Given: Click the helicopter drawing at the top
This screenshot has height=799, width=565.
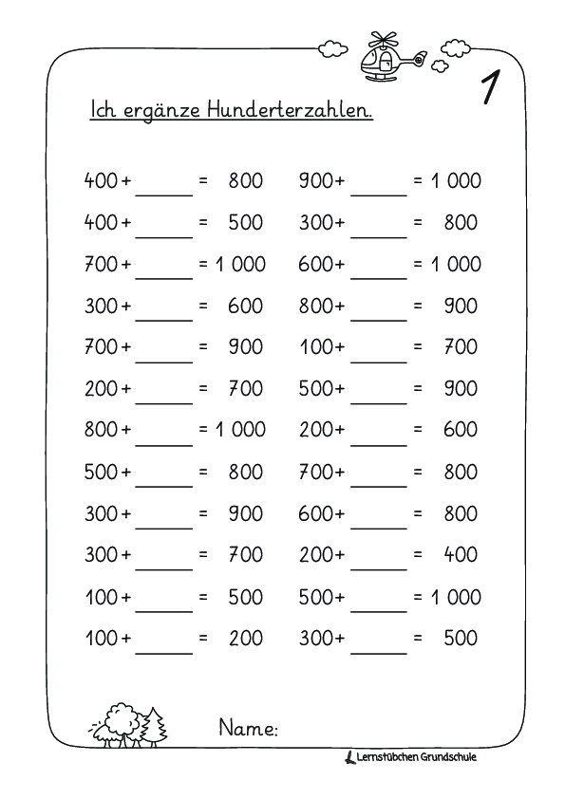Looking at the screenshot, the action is [390, 57].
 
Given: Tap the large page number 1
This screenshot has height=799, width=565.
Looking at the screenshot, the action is [491, 88].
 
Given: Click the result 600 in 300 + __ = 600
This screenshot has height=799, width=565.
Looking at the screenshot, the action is [245, 307].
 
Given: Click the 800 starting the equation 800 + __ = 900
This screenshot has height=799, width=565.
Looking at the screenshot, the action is [315, 307].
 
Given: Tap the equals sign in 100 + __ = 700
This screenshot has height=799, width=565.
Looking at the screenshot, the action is [417, 347].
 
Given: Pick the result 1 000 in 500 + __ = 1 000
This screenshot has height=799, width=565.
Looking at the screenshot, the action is [456, 597].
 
